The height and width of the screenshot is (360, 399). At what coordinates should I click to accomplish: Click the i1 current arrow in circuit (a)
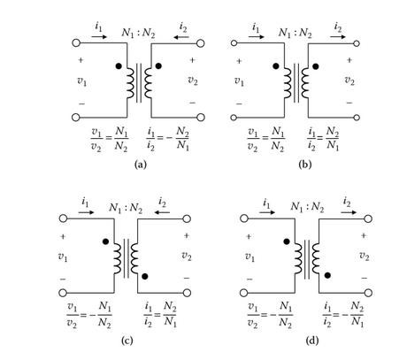click(x=99, y=37)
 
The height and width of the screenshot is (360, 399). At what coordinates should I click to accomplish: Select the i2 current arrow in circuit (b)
click(x=338, y=37)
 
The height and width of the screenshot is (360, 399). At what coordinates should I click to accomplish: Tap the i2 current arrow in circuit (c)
click(x=162, y=212)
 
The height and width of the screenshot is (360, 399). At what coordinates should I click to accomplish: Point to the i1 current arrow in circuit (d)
click(x=267, y=212)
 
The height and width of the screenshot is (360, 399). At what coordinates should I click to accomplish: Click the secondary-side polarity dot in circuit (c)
click(x=145, y=276)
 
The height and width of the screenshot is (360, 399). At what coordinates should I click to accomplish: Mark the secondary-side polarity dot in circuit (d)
click(x=327, y=275)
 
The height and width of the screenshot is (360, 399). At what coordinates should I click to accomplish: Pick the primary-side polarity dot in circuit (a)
click(x=119, y=66)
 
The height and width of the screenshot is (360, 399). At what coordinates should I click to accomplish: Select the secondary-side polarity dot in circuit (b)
click(x=316, y=66)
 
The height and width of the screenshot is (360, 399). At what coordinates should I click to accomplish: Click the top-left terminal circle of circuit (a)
click(x=76, y=43)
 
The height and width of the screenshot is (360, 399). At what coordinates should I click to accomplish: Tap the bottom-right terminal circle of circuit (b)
click(x=357, y=118)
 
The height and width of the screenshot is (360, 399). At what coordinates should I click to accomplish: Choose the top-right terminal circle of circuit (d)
click(x=368, y=218)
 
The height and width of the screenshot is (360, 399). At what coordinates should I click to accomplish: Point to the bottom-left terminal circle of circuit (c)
click(x=63, y=293)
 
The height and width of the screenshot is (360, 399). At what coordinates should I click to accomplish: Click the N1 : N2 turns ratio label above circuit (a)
click(x=138, y=33)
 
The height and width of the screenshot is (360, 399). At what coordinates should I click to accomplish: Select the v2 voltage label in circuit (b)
click(x=349, y=80)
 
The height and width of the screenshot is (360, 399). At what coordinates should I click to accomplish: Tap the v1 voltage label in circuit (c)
click(x=63, y=257)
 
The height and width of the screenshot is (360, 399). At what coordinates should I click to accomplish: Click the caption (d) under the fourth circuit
click(x=312, y=341)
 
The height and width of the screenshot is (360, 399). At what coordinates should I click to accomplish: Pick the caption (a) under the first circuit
click(x=141, y=165)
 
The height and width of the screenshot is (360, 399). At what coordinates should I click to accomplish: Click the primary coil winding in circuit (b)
click(x=288, y=83)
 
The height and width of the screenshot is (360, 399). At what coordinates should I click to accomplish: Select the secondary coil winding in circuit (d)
click(x=316, y=258)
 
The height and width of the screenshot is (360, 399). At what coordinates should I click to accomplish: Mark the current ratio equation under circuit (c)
click(x=161, y=314)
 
